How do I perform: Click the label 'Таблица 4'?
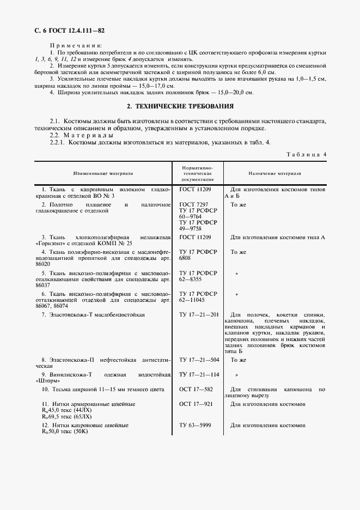coord(306,155)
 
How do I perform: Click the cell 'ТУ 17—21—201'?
coord(199,314)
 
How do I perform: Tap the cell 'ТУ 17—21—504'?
coord(199,360)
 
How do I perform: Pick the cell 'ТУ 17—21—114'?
coord(199,375)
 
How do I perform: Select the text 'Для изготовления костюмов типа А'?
coord(278,238)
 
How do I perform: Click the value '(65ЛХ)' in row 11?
coord(77,416)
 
